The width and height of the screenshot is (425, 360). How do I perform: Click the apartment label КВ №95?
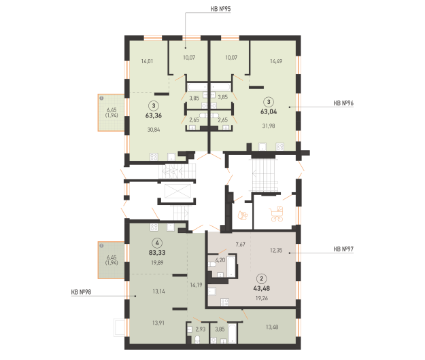click(220, 9)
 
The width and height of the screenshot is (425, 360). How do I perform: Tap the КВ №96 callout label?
click(343, 103)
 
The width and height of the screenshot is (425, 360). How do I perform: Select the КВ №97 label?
click(343, 249)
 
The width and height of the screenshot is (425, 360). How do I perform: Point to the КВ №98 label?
click(81, 292)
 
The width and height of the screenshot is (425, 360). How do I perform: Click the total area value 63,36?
click(154, 115)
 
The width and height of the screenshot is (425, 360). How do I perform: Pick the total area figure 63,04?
click(269, 111)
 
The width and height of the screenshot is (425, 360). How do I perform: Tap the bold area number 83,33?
click(157, 253)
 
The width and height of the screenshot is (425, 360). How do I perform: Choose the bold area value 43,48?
click(262, 288)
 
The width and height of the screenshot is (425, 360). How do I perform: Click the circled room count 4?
click(157, 243)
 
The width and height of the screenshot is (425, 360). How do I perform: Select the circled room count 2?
click(262, 278)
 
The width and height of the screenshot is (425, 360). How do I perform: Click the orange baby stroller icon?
click(277, 214)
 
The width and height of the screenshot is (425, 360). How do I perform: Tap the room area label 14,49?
click(276, 61)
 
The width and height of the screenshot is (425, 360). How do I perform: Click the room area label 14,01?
click(147, 61)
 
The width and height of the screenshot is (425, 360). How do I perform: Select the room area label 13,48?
click(272, 327)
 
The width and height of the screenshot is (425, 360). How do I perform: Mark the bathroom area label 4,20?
click(220, 260)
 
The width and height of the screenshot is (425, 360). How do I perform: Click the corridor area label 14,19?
click(196, 285)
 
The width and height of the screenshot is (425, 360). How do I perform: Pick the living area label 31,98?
click(269, 126)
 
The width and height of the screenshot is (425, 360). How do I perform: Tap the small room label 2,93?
click(201, 329)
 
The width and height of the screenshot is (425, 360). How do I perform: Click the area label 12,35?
click(276, 251)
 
